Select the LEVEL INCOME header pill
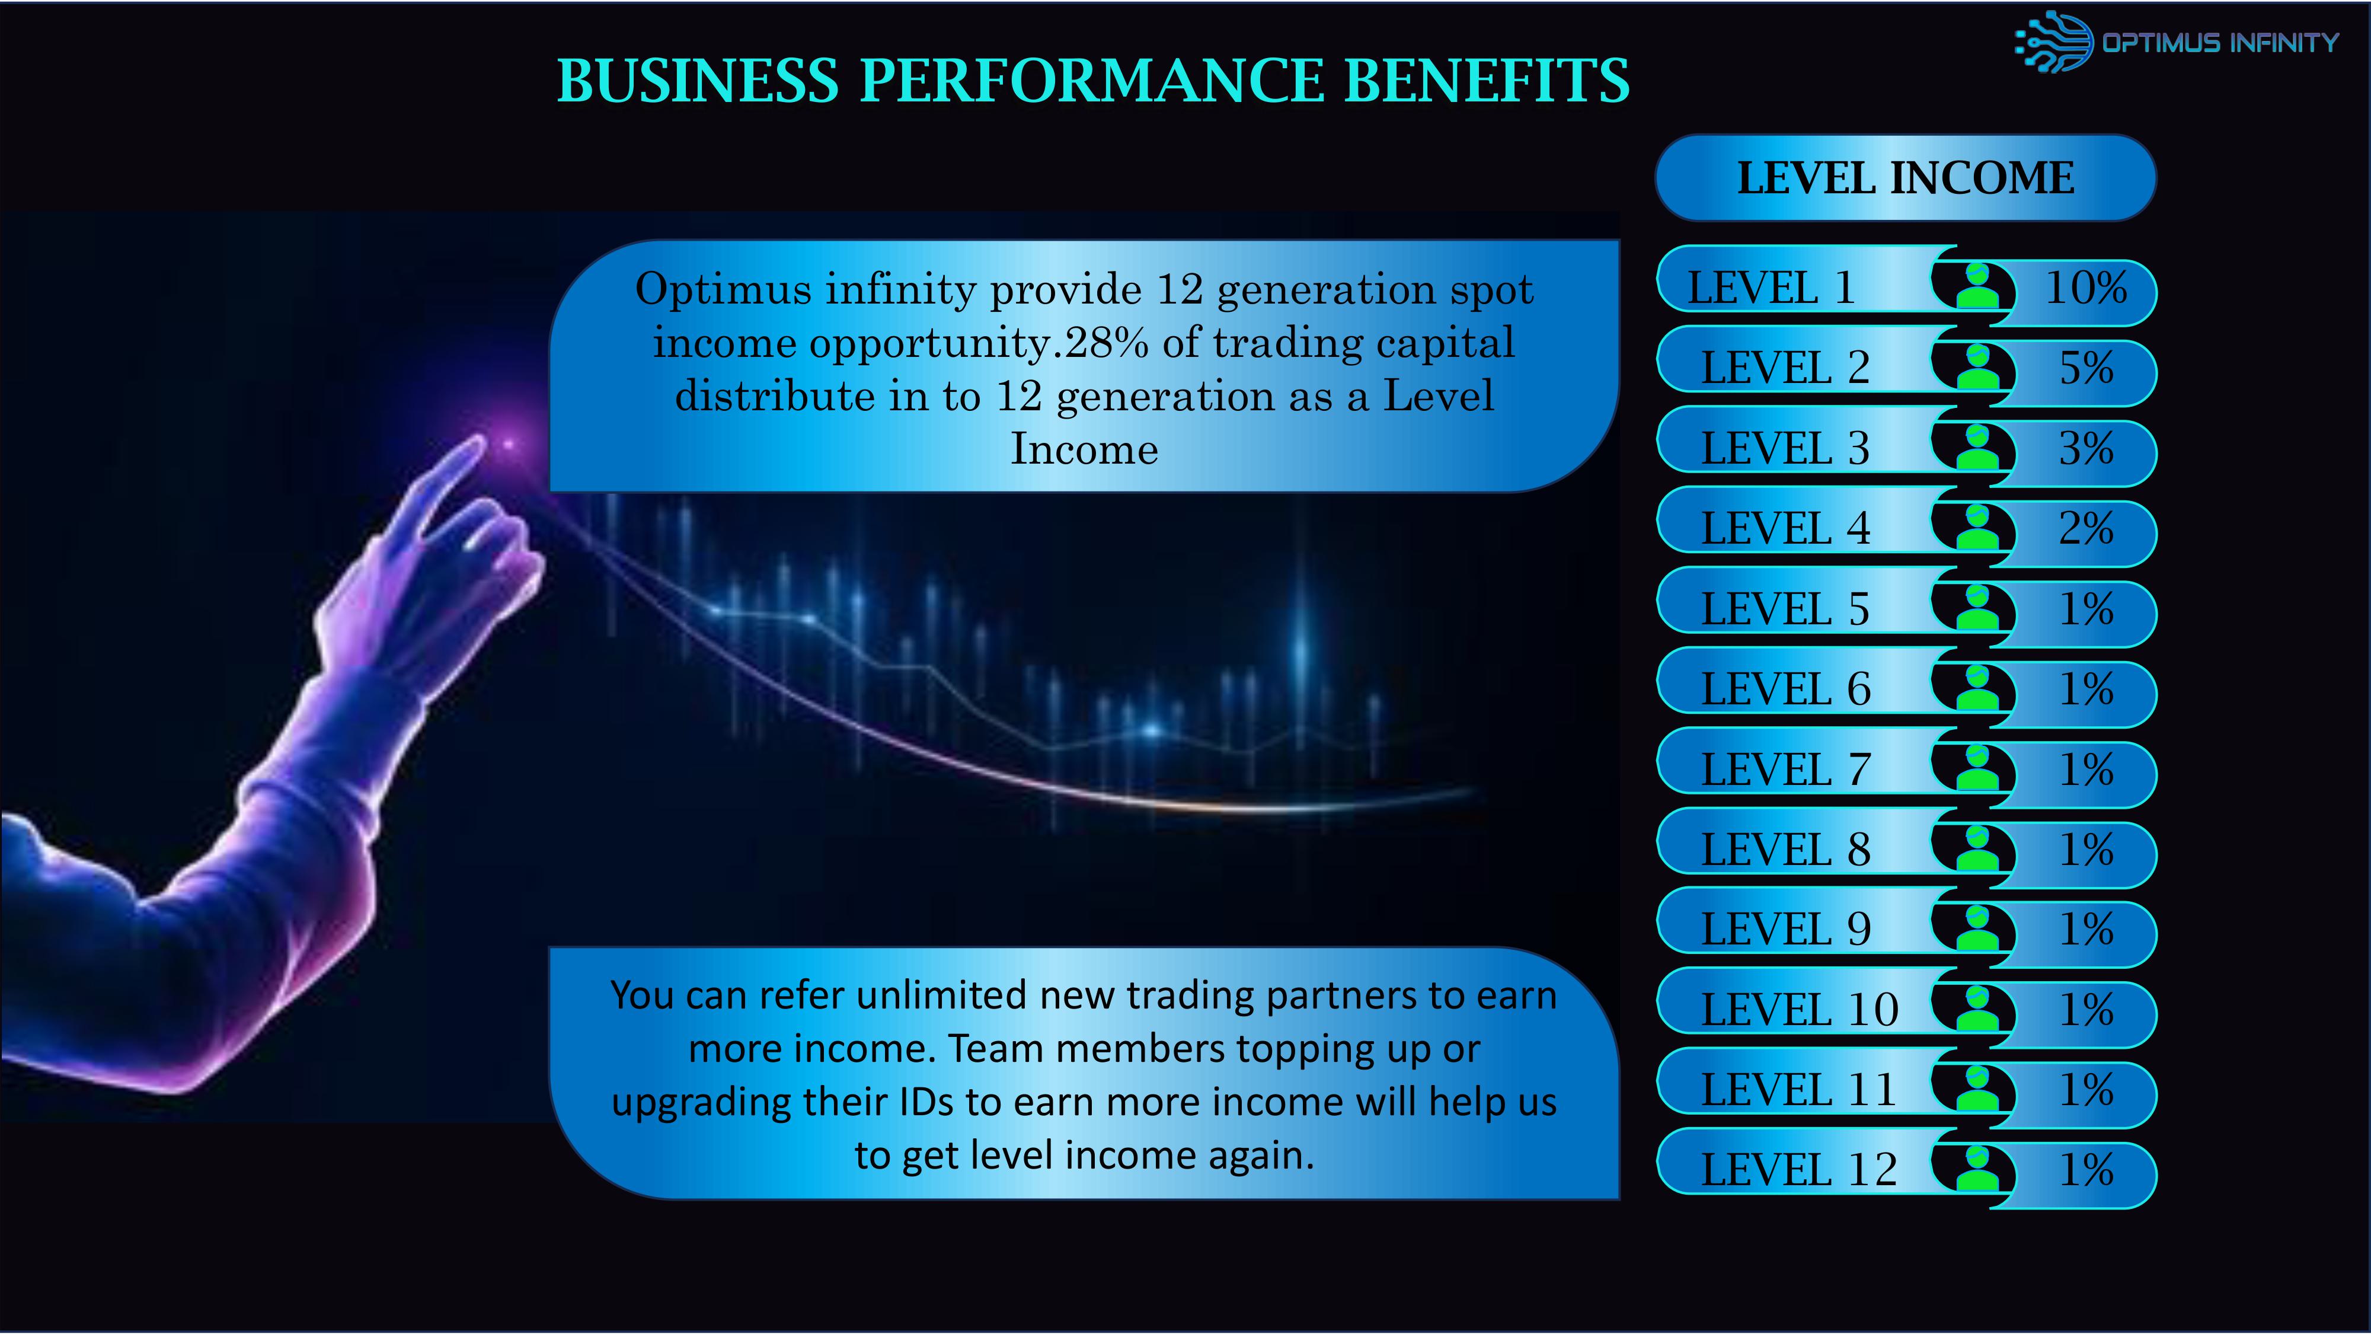coord(1905,178)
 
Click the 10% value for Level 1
coord(2086,288)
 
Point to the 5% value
coord(2086,368)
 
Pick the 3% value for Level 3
coord(2086,448)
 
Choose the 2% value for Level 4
coord(2086,528)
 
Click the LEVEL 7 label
coord(1785,770)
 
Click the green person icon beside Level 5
coord(1977,608)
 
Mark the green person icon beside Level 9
coord(1977,928)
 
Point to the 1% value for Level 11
coord(2086,1090)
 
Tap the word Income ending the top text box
coord(1084,449)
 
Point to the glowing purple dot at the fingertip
coord(508,446)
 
